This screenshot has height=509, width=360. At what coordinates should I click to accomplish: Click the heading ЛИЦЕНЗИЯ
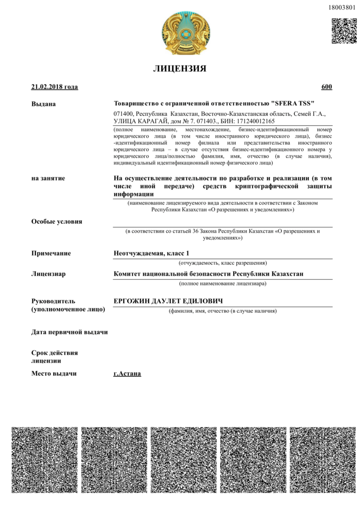point(180,69)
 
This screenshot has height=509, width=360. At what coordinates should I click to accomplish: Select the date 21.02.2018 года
point(54,87)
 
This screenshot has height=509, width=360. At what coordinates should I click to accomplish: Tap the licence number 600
point(327,87)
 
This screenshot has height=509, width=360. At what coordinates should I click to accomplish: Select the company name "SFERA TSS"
point(294,103)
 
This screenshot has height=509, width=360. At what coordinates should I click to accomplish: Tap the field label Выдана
point(44,104)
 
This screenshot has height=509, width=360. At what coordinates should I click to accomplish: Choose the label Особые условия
point(57,222)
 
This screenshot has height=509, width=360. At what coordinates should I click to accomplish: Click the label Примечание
point(51,254)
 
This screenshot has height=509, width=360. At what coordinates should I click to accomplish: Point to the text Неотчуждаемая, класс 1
point(152,254)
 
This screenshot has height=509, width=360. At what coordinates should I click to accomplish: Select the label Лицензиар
point(49,274)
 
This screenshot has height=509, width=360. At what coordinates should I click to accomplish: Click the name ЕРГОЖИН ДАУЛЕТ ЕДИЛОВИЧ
point(168,301)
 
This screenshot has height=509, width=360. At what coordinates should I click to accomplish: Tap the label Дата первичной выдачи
point(70,332)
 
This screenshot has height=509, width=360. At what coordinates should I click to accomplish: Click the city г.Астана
point(127,373)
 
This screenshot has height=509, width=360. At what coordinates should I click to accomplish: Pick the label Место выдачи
point(54,373)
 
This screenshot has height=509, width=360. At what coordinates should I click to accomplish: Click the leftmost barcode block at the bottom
point(45,460)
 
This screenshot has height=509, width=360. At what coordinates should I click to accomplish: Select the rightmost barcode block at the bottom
point(322,460)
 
